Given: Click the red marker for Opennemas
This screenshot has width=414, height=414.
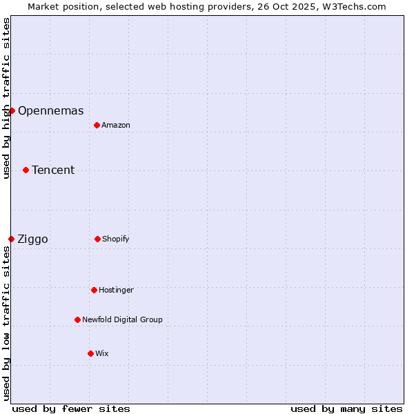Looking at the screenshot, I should click(x=12, y=110).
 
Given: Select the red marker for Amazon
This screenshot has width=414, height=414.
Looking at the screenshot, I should click(x=97, y=125).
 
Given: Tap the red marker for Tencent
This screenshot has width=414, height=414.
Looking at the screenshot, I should click(x=26, y=170).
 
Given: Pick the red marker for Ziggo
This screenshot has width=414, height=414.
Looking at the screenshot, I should click(x=11, y=239).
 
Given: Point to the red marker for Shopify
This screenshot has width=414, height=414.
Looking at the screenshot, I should click(x=97, y=239).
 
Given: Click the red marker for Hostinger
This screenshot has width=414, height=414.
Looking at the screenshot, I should click(x=94, y=290).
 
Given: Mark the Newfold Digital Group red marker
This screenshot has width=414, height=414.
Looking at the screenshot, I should click(x=77, y=319).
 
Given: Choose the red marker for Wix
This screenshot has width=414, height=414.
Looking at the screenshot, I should click(x=90, y=353).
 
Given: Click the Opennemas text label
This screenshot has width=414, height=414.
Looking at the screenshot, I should click(x=50, y=110).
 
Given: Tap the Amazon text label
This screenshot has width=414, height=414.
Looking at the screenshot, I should click(x=116, y=125).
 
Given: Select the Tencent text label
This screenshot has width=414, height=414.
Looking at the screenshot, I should click(x=53, y=170).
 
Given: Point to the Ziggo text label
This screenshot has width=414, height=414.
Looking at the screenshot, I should click(x=32, y=239).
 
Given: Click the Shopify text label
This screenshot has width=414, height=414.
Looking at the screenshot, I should click(x=116, y=239).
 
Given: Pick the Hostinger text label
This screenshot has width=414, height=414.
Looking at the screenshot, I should click(x=116, y=290).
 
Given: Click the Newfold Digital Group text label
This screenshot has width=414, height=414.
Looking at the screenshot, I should click(x=122, y=319).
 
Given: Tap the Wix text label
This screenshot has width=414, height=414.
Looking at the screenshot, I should click(x=102, y=353).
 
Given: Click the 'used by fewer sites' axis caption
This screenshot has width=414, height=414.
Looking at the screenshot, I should click(x=71, y=408).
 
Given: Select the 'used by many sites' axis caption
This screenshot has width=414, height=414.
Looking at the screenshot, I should click(x=346, y=408).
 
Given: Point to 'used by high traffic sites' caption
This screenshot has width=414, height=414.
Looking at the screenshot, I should click(x=6, y=98).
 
